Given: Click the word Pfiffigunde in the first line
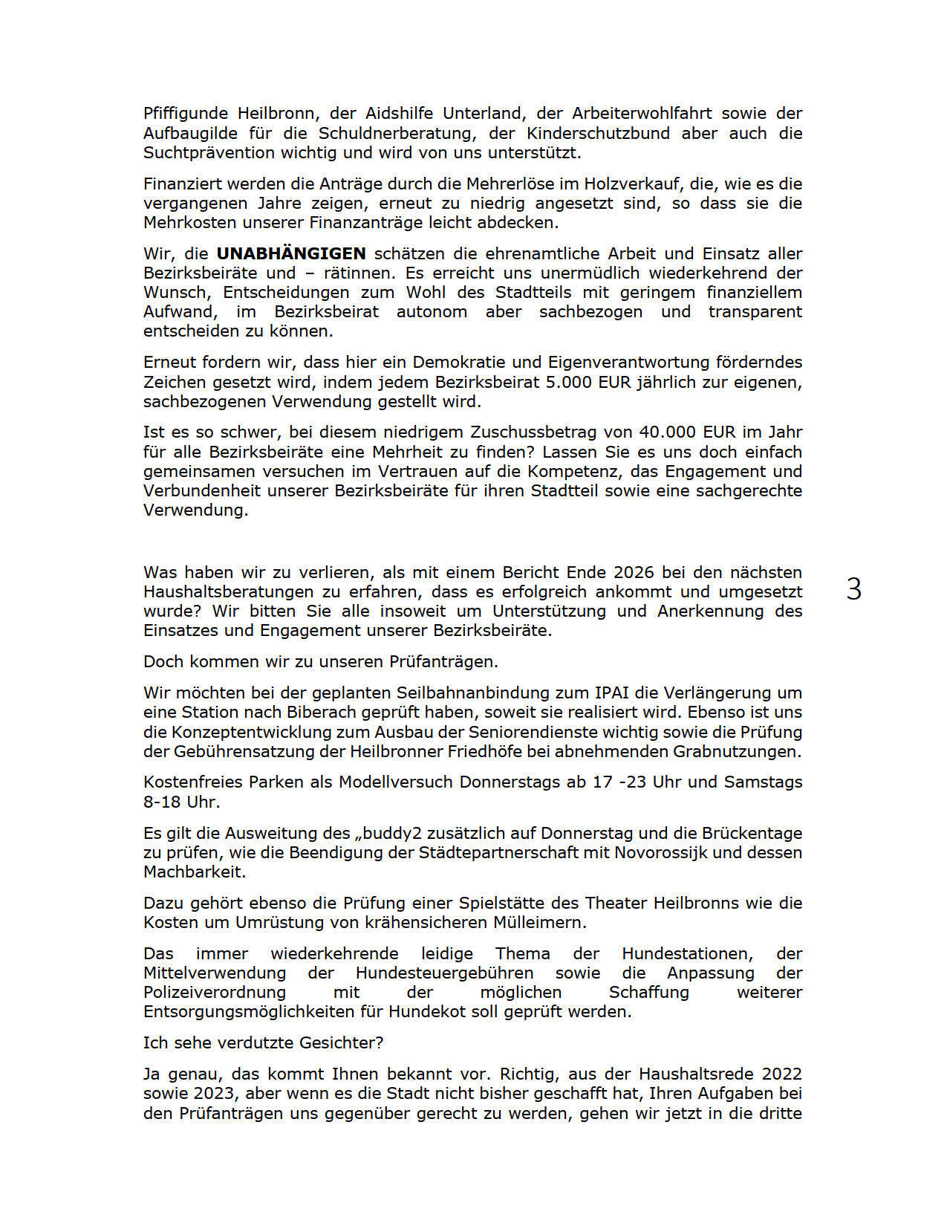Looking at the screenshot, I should (x=186, y=114).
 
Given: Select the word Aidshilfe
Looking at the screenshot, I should (x=403, y=114).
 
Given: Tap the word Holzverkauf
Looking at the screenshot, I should (x=631, y=184).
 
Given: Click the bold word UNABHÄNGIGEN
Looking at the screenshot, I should (x=291, y=253).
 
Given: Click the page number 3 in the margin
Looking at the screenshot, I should (x=854, y=589).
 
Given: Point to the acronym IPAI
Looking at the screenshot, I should (x=611, y=693).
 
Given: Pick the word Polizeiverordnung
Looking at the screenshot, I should (x=215, y=992).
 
